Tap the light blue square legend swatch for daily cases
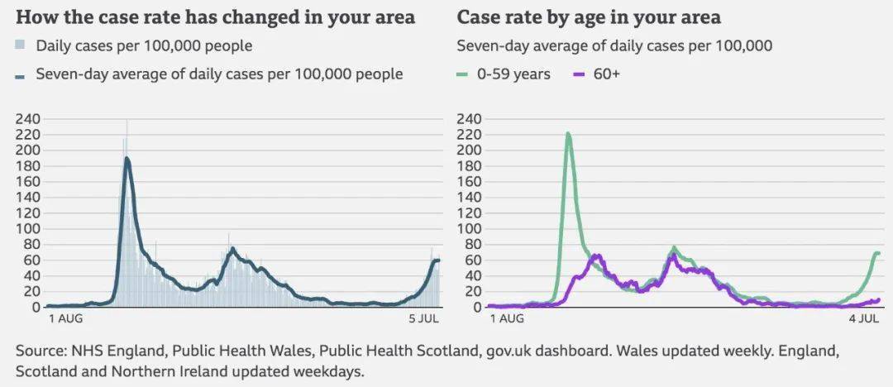20,45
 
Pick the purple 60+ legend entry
595,74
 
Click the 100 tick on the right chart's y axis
470,229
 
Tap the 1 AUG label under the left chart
66,319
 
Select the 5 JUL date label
423,319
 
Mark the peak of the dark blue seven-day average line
127,159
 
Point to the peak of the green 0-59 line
568,134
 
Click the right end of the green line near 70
878,253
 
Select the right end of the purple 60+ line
879,300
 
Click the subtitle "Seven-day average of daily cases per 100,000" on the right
614,45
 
